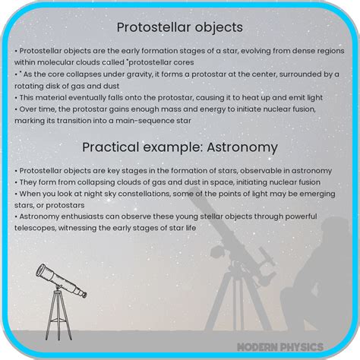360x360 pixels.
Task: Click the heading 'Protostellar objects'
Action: coord(179,27)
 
